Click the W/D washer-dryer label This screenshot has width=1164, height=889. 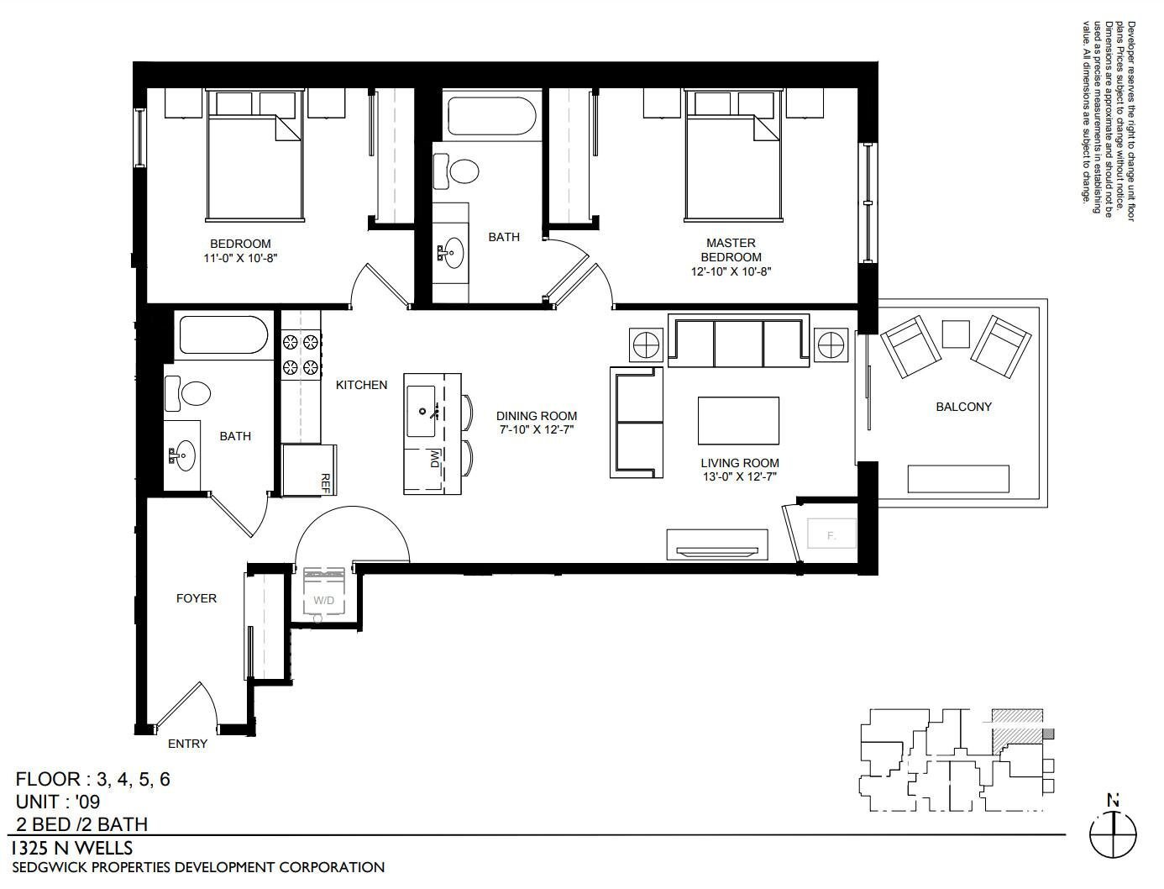pyautogui.click(x=323, y=601)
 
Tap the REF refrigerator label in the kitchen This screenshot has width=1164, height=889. pyautogui.click(x=326, y=483)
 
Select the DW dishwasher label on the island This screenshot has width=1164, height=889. pyautogui.click(x=435, y=459)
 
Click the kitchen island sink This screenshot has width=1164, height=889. pyautogui.click(x=421, y=412)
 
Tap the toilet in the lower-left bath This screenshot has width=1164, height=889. pyautogui.click(x=187, y=393)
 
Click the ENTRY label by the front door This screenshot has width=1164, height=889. pyautogui.click(x=187, y=744)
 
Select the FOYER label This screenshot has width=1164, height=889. pyautogui.click(x=197, y=598)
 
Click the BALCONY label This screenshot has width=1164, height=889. pyautogui.click(x=963, y=407)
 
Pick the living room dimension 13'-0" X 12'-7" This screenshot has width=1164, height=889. pyautogui.click(x=740, y=477)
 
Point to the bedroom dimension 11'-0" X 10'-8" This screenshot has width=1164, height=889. pyautogui.click(x=241, y=258)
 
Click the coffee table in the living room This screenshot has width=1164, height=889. pyautogui.click(x=738, y=421)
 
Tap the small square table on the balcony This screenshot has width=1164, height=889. pyautogui.click(x=956, y=334)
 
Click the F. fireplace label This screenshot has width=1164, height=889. pyautogui.click(x=831, y=536)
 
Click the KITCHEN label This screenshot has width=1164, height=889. pyautogui.click(x=362, y=385)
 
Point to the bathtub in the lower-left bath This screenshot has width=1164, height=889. pyautogui.click(x=223, y=335)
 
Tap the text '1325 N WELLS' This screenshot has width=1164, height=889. pyautogui.click(x=72, y=849)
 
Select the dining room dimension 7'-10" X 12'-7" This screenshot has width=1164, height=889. pyautogui.click(x=537, y=429)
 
